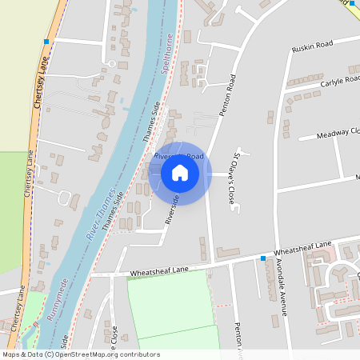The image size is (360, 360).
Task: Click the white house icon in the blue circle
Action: pyautogui.click(x=180, y=173)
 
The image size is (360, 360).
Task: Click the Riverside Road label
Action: pyautogui.click(x=179, y=156)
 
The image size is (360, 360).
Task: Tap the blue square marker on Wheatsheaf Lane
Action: pyautogui.click(x=262, y=258)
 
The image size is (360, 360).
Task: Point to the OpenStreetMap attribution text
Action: pyautogui.click(x=81, y=354)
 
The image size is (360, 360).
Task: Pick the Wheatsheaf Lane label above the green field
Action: pyautogui.click(x=159, y=271)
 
